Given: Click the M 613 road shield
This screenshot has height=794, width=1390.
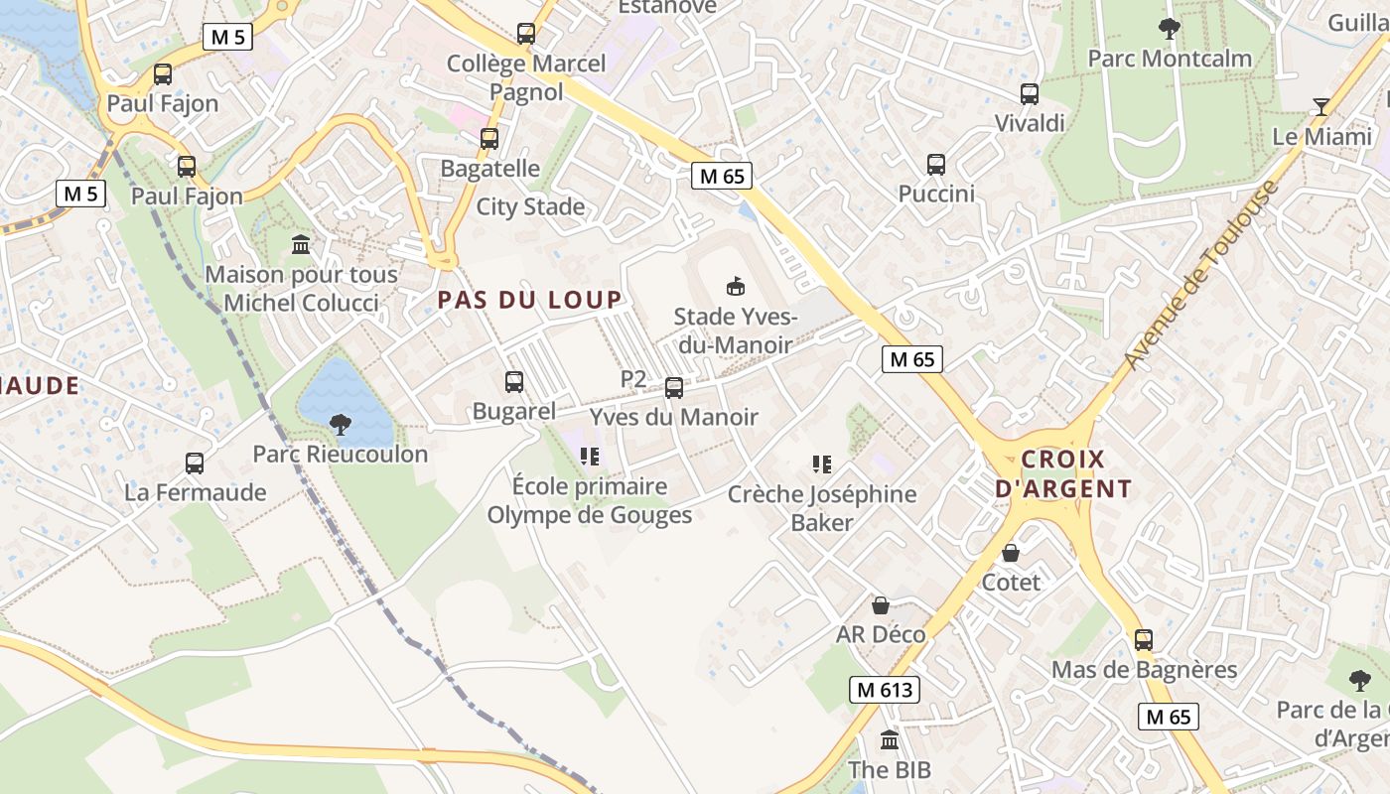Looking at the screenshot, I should click(885, 690).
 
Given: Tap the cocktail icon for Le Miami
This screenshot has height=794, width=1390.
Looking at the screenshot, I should click(1321, 106).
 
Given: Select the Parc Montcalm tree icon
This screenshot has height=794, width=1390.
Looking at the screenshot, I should click(1170, 29).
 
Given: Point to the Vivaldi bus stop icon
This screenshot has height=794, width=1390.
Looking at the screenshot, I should click(1030, 94).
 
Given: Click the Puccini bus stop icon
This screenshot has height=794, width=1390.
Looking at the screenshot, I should click(936, 165).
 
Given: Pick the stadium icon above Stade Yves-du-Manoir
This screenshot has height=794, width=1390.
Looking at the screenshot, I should click(735, 287).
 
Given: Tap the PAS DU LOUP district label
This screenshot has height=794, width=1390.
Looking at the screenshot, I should click(530, 300).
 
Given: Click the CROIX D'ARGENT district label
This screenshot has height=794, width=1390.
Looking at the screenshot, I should click(1062, 473).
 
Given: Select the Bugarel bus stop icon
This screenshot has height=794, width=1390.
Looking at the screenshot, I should click(514, 382).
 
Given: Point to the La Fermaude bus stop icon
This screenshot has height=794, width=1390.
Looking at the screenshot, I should click(195, 463).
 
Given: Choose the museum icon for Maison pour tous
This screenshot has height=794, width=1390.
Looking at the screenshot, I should click(301, 244).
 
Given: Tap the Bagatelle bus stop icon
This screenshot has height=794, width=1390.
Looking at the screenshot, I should click(489, 139).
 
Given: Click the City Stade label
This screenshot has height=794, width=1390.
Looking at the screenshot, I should click(530, 206).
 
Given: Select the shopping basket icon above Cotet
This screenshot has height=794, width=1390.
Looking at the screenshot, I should click(1011, 553).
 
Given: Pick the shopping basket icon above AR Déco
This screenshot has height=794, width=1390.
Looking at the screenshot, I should click(880, 605).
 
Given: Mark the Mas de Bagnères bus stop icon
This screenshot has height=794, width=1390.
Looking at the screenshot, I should click(1144, 640).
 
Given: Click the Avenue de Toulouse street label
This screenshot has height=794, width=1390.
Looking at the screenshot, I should click(1201, 277).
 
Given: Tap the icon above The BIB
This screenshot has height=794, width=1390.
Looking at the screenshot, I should click(890, 740).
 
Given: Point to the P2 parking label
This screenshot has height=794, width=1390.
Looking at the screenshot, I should click(633, 378).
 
